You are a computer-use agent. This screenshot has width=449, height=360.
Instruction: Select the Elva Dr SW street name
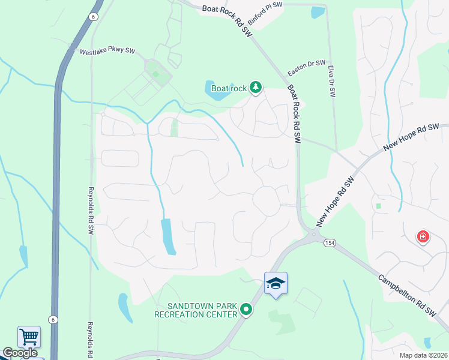(331, 82)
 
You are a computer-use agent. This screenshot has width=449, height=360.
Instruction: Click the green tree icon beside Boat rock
(256, 88)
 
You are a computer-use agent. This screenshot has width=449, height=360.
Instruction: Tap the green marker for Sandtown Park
(246, 310)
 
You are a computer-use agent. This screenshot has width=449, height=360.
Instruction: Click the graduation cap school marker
(276, 283)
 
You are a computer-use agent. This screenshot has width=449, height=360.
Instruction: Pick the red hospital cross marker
(423, 236)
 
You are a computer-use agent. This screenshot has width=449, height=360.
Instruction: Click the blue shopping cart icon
(29, 336)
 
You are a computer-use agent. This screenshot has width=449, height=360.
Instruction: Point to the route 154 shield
(329, 242)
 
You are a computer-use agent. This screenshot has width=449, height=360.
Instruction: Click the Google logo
(20, 353)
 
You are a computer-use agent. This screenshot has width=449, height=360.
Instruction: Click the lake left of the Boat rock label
(216, 91)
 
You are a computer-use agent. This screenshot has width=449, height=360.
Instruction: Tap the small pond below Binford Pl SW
(318, 12)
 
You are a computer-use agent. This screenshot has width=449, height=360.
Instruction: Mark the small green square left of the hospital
(378, 206)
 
